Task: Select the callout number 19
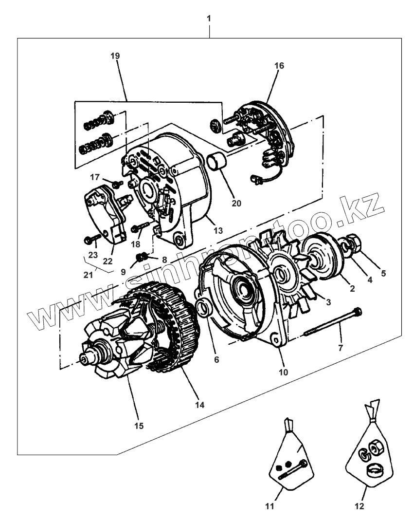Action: (115, 56)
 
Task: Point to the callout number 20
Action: (236, 203)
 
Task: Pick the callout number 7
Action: (340, 348)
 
